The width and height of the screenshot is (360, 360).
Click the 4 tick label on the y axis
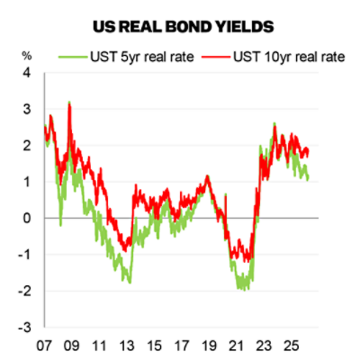(x=26, y=72)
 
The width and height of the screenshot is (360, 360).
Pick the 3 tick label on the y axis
(x=26, y=109)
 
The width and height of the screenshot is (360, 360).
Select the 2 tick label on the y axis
(x=26, y=145)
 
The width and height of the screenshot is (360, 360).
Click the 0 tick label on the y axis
(x=26, y=218)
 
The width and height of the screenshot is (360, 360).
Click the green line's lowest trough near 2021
(x=243, y=289)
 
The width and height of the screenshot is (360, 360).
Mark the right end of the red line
(x=309, y=151)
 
